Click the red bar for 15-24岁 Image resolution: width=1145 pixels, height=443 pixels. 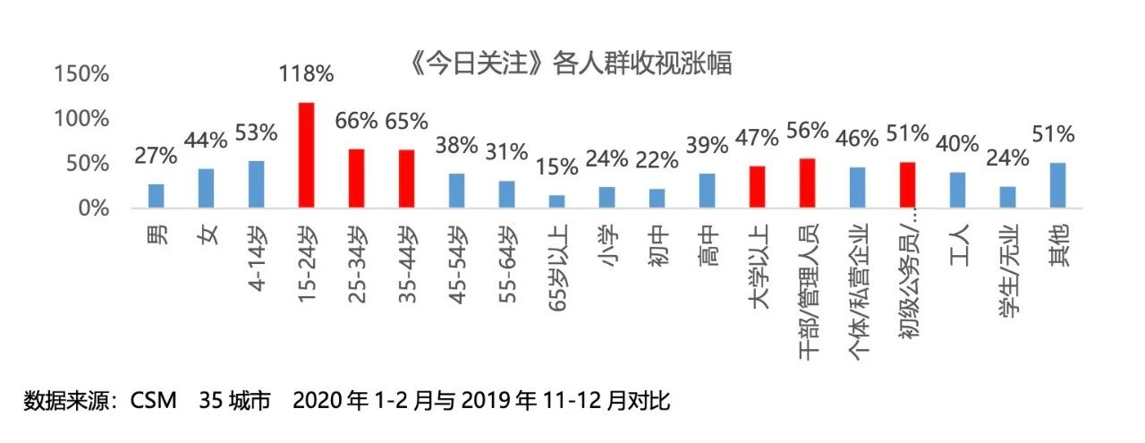306,155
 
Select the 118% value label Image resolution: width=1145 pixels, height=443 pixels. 306,73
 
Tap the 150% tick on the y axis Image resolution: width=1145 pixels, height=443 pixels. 82,74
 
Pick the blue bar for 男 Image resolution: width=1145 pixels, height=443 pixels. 157,196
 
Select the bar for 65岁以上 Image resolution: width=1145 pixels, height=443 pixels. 557,201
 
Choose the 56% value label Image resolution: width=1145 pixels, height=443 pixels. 807,131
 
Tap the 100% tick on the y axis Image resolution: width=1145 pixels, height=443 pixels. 82,119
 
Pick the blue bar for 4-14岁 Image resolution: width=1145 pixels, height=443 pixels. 257,184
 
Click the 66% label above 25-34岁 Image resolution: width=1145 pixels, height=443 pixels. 356,121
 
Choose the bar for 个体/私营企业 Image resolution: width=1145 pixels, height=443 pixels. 857,187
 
